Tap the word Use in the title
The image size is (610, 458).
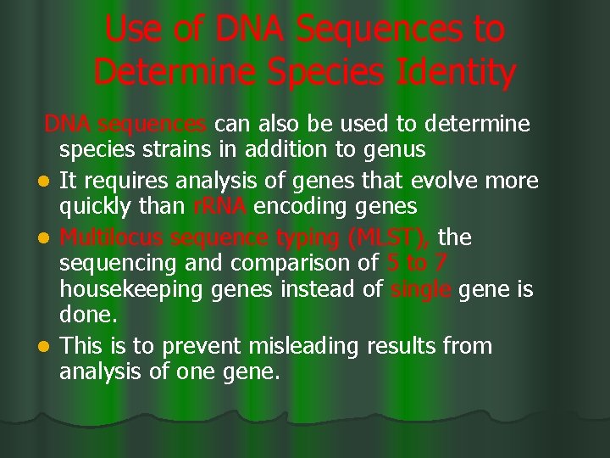[x=132, y=31]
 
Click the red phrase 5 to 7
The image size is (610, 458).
[x=424, y=264]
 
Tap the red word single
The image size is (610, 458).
[x=421, y=291]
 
